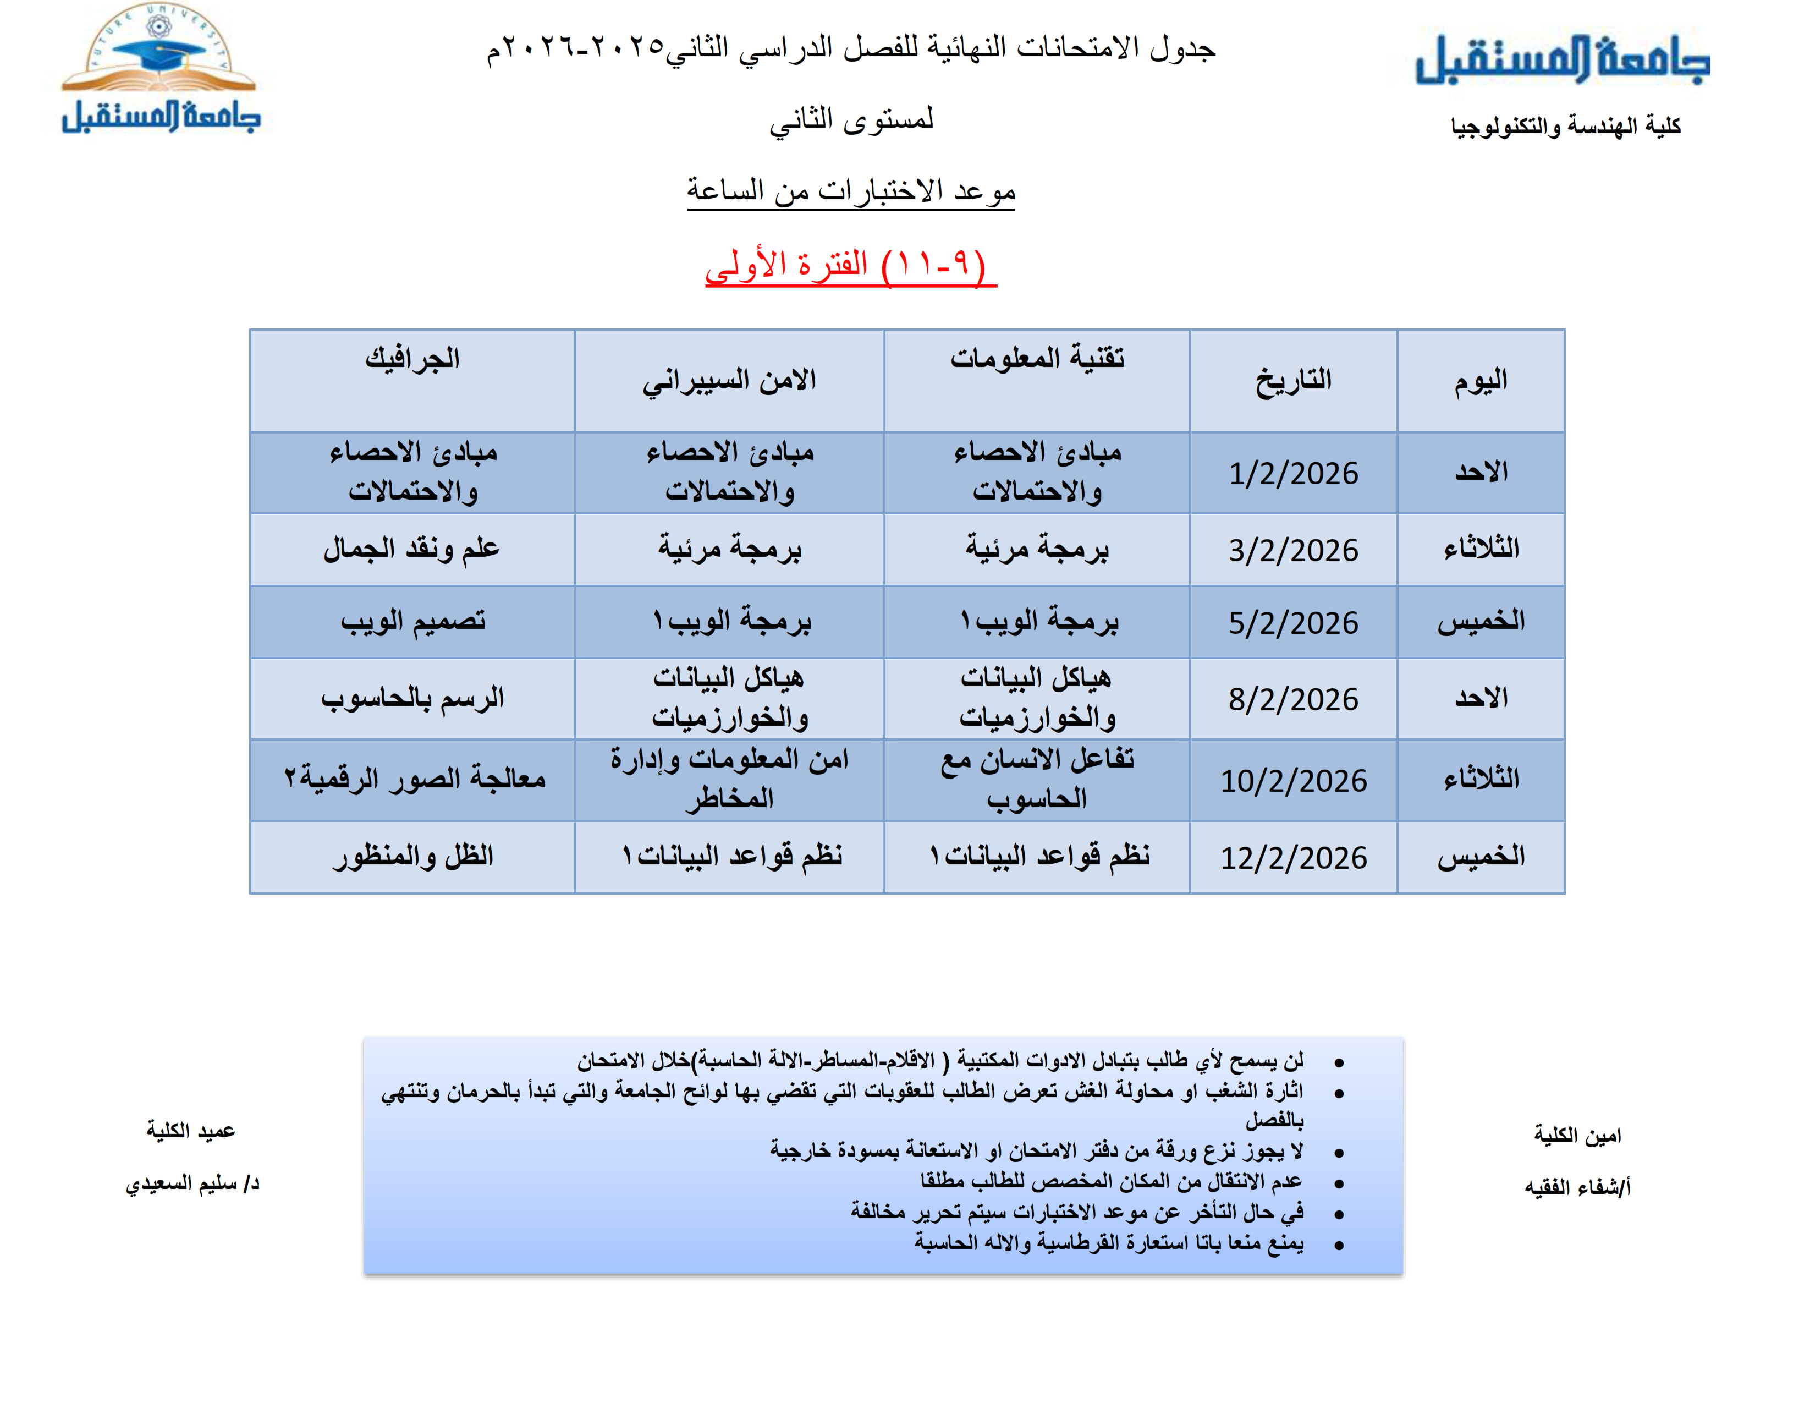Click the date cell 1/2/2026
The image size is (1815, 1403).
1292,474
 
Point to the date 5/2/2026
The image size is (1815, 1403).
1292,622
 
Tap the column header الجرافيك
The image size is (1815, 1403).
412,359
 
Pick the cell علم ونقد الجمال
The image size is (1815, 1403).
412,549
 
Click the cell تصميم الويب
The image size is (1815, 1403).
412,621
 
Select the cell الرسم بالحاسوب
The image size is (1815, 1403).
412,698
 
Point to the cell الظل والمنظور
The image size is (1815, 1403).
412,856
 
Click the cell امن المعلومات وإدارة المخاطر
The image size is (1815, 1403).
729,779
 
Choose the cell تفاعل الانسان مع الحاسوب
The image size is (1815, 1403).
1036,779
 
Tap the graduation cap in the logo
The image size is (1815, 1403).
158,54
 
